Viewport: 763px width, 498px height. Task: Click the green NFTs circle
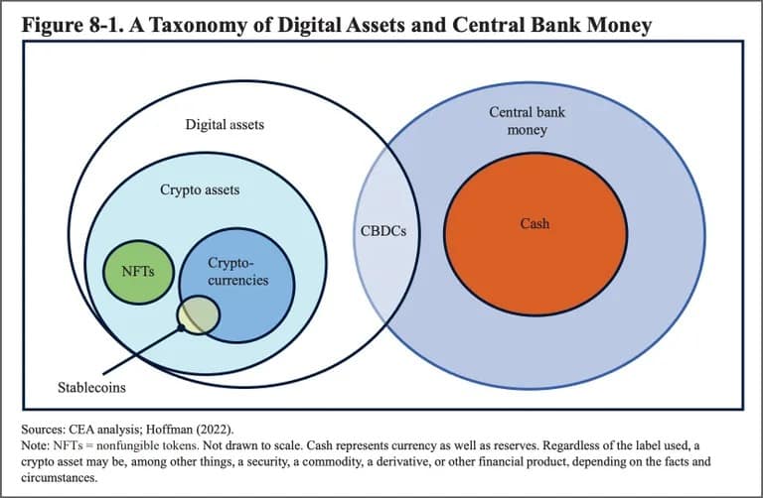(139, 272)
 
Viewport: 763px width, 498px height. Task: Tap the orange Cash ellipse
(535, 234)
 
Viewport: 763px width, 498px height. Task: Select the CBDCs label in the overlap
(383, 231)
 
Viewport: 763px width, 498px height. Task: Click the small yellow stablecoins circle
(198, 314)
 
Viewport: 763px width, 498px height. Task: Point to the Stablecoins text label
(91, 387)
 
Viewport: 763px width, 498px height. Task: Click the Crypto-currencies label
(238, 272)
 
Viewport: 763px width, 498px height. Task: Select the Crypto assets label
(200, 189)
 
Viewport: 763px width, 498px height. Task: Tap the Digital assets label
(225, 124)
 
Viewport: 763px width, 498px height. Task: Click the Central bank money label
(527, 121)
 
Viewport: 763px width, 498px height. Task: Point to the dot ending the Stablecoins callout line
(181, 328)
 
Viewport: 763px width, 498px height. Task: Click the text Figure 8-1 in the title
(73, 25)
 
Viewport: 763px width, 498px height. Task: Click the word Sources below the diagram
(42, 430)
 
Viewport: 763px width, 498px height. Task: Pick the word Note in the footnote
(35, 445)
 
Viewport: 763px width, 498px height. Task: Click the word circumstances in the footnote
(60, 477)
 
